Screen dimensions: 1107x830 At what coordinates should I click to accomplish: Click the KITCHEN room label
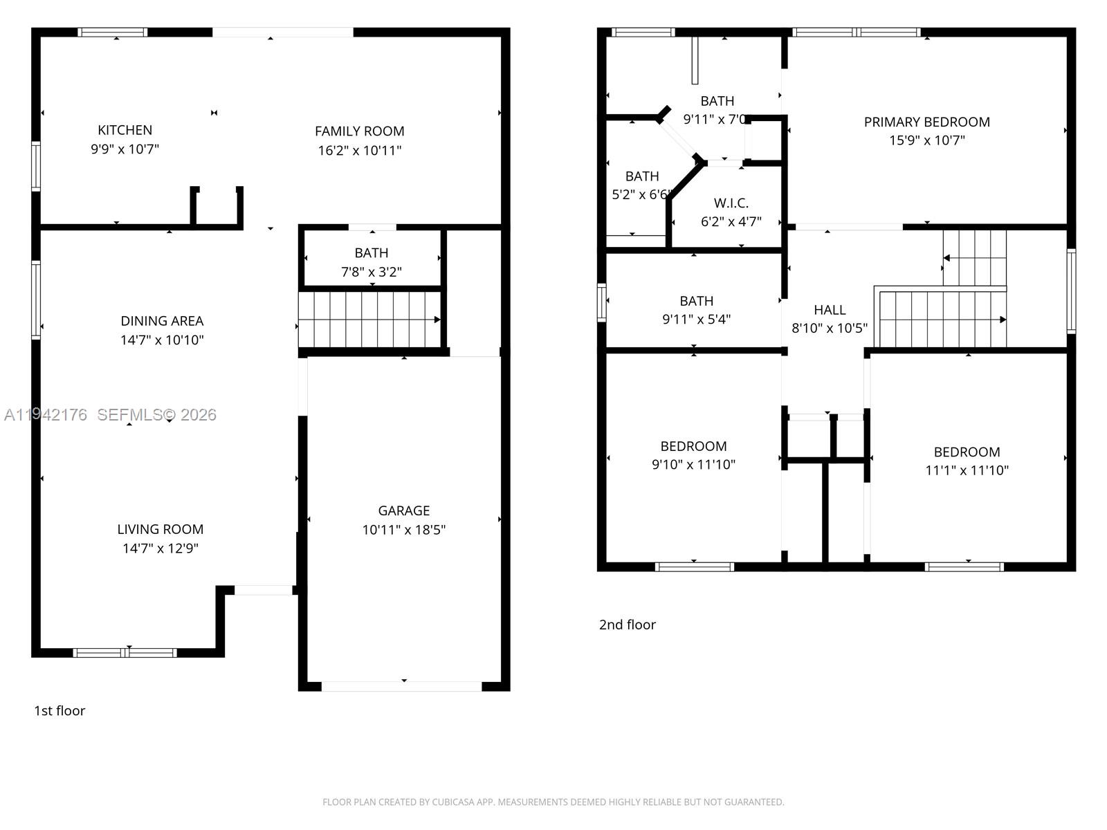pyautogui.click(x=125, y=130)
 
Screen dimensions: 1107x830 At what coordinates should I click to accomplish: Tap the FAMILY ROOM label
pyautogui.click(x=360, y=131)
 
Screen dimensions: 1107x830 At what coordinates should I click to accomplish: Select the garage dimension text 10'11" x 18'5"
pyautogui.click(x=404, y=530)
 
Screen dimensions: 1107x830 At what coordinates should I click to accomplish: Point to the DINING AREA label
pyautogui.click(x=162, y=321)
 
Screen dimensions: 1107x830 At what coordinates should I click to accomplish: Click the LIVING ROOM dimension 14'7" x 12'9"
pyautogui.click(x=161, y=548)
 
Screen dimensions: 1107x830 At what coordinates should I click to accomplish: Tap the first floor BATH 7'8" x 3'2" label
pyautogui.click(x=372, y=262)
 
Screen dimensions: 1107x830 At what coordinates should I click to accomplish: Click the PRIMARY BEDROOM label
pyautogui.click(x=927, y=122)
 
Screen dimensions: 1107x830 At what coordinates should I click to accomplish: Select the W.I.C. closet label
pyautogui.click(x=731, y=203)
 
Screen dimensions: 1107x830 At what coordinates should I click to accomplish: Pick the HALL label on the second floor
pyautogui.click(x=830, y=310)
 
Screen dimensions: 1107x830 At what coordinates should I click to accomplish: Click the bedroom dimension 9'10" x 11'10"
pyautogui.click(x=693, y=464)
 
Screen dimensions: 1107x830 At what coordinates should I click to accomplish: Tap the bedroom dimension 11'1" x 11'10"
pyautogui.click(x=967, y=470)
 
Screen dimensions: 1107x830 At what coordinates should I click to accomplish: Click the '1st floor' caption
pyautogui.click(x=60, y=710)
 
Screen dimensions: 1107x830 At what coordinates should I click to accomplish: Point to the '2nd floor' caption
pyautogui.click(x=628, y=625)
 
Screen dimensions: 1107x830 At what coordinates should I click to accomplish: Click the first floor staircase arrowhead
pyautogui.click(x=437, y=320)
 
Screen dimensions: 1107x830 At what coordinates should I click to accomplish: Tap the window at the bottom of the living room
pyautogui.click(x=125, y=653)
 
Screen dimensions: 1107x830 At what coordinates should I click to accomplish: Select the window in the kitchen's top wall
pyautogui.click(x=113, y=33)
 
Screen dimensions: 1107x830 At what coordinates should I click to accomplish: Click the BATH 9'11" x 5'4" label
pyautogui.click(x=697, y=310)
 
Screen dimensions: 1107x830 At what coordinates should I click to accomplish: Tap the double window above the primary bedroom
pyautogui.click(x=857, y=33)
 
